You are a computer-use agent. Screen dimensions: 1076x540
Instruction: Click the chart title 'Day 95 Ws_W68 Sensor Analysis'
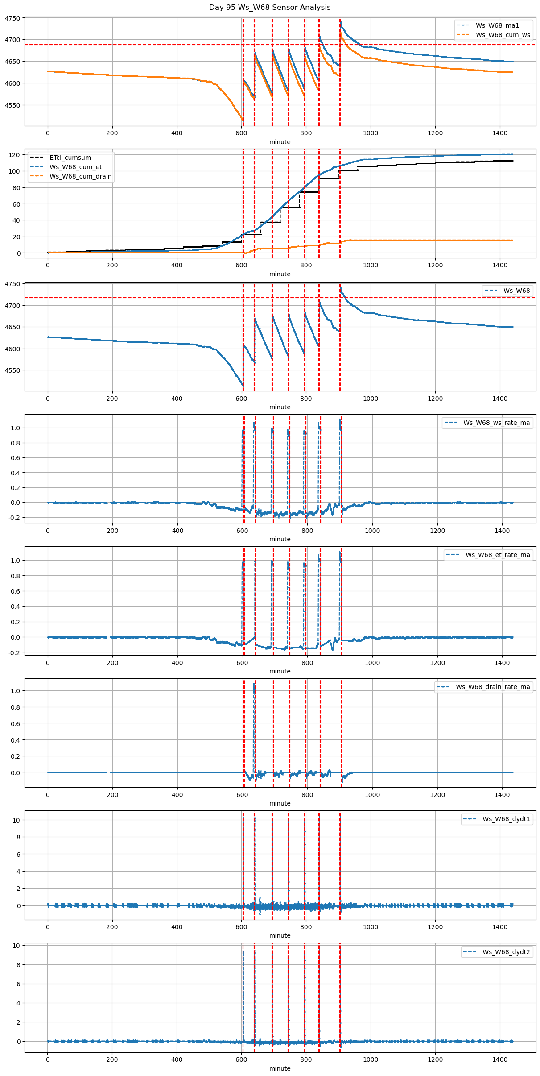coord(270,8)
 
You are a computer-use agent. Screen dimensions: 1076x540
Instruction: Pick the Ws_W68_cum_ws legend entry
coord(503,35)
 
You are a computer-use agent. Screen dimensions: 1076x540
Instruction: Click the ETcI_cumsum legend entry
coord(70,158)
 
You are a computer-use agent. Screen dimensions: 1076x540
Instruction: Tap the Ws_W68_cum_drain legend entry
coord(80,176)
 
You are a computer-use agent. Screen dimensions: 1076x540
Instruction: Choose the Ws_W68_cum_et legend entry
coord(75,167)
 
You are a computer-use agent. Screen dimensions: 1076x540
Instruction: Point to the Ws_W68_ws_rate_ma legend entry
coord(496,423)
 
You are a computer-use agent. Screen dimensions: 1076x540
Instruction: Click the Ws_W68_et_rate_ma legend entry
coord(498,555)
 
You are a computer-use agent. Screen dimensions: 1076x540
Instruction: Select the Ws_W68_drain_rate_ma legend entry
coord(493,687)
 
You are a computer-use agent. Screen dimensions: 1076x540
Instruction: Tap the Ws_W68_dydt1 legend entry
coord(506,819)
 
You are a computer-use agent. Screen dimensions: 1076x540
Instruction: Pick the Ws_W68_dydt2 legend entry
coord(506,952)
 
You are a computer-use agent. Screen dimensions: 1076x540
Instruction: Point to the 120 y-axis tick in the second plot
coord(15,155)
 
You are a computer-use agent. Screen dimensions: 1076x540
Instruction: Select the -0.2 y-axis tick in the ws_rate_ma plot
coord(13,518)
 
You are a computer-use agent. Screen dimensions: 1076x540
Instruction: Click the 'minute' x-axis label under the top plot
coord(280,142)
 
